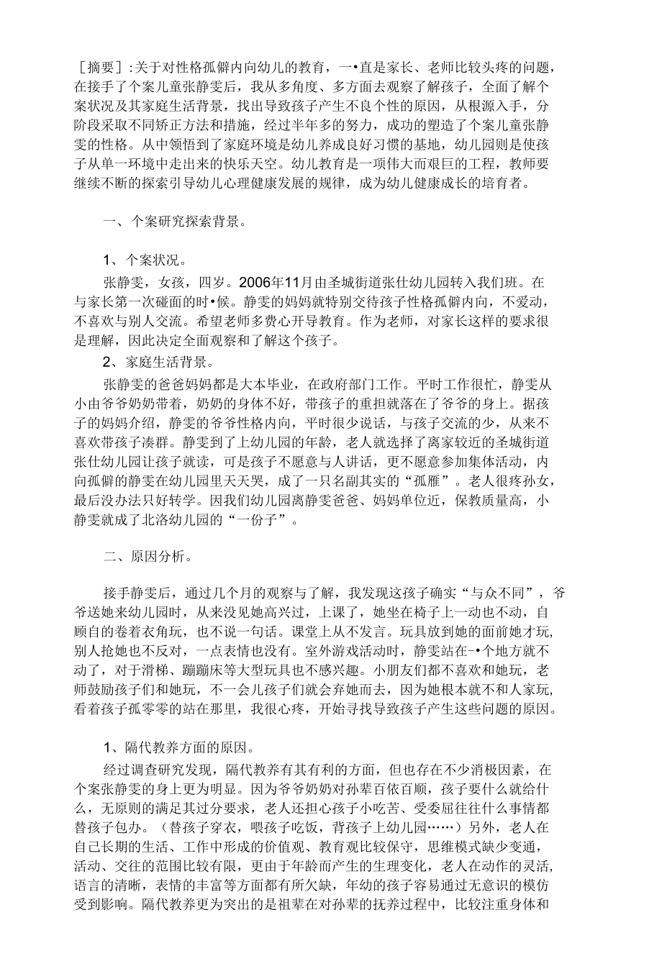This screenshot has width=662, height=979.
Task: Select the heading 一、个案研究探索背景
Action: (176, 222)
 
